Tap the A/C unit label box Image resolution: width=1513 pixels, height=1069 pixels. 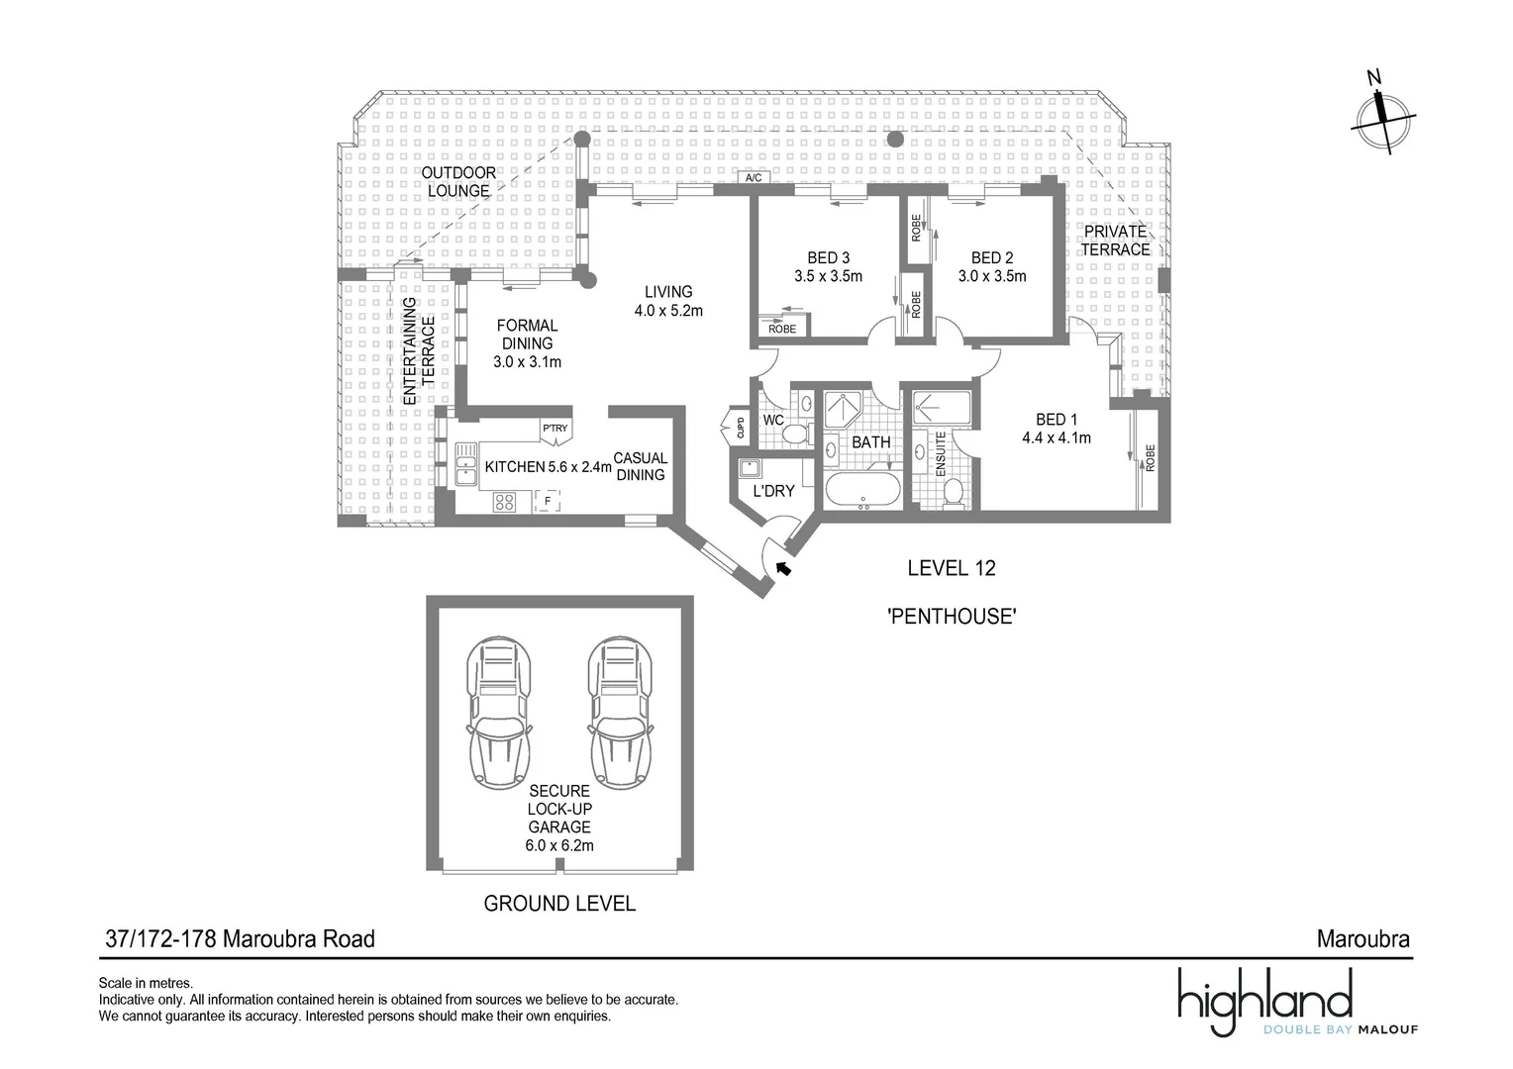(754, 178)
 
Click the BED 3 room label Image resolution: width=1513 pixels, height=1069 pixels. (828, 257)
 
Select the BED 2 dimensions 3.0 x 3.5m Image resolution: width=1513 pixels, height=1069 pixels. (992, 276)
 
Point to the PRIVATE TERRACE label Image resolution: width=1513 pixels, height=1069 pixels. (1115, 241)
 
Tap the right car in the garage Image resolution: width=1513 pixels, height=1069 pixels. (621, 709)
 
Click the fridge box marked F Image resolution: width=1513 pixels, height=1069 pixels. (547, 503)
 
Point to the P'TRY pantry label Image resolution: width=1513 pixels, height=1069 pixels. (555, 429)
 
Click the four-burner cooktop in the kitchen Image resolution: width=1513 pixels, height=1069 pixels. (504, 503)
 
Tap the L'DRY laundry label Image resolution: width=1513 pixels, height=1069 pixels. (774, 491)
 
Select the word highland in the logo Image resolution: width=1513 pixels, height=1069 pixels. (1264, 996)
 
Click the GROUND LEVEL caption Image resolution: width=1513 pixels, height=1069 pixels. (558, 903)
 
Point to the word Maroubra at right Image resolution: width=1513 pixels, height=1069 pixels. (1362, 938)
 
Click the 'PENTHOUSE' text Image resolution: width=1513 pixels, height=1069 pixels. (952, 616)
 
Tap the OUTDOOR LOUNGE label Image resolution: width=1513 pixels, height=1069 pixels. (458, 182)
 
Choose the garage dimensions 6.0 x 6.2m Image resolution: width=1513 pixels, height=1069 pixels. (559, 845)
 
